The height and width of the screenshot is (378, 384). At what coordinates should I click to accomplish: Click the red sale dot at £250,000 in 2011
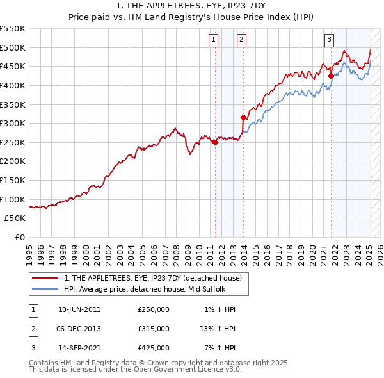point(215,143)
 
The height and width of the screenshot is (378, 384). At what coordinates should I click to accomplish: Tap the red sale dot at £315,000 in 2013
point(243,117)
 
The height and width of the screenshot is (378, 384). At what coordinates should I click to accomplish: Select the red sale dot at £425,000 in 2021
point(331,76)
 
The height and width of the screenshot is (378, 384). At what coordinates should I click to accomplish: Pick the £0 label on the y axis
point(19,237)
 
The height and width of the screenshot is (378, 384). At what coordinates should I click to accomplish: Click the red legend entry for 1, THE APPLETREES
point(152,278)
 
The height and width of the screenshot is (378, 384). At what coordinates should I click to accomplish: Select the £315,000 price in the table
point(154,329)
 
